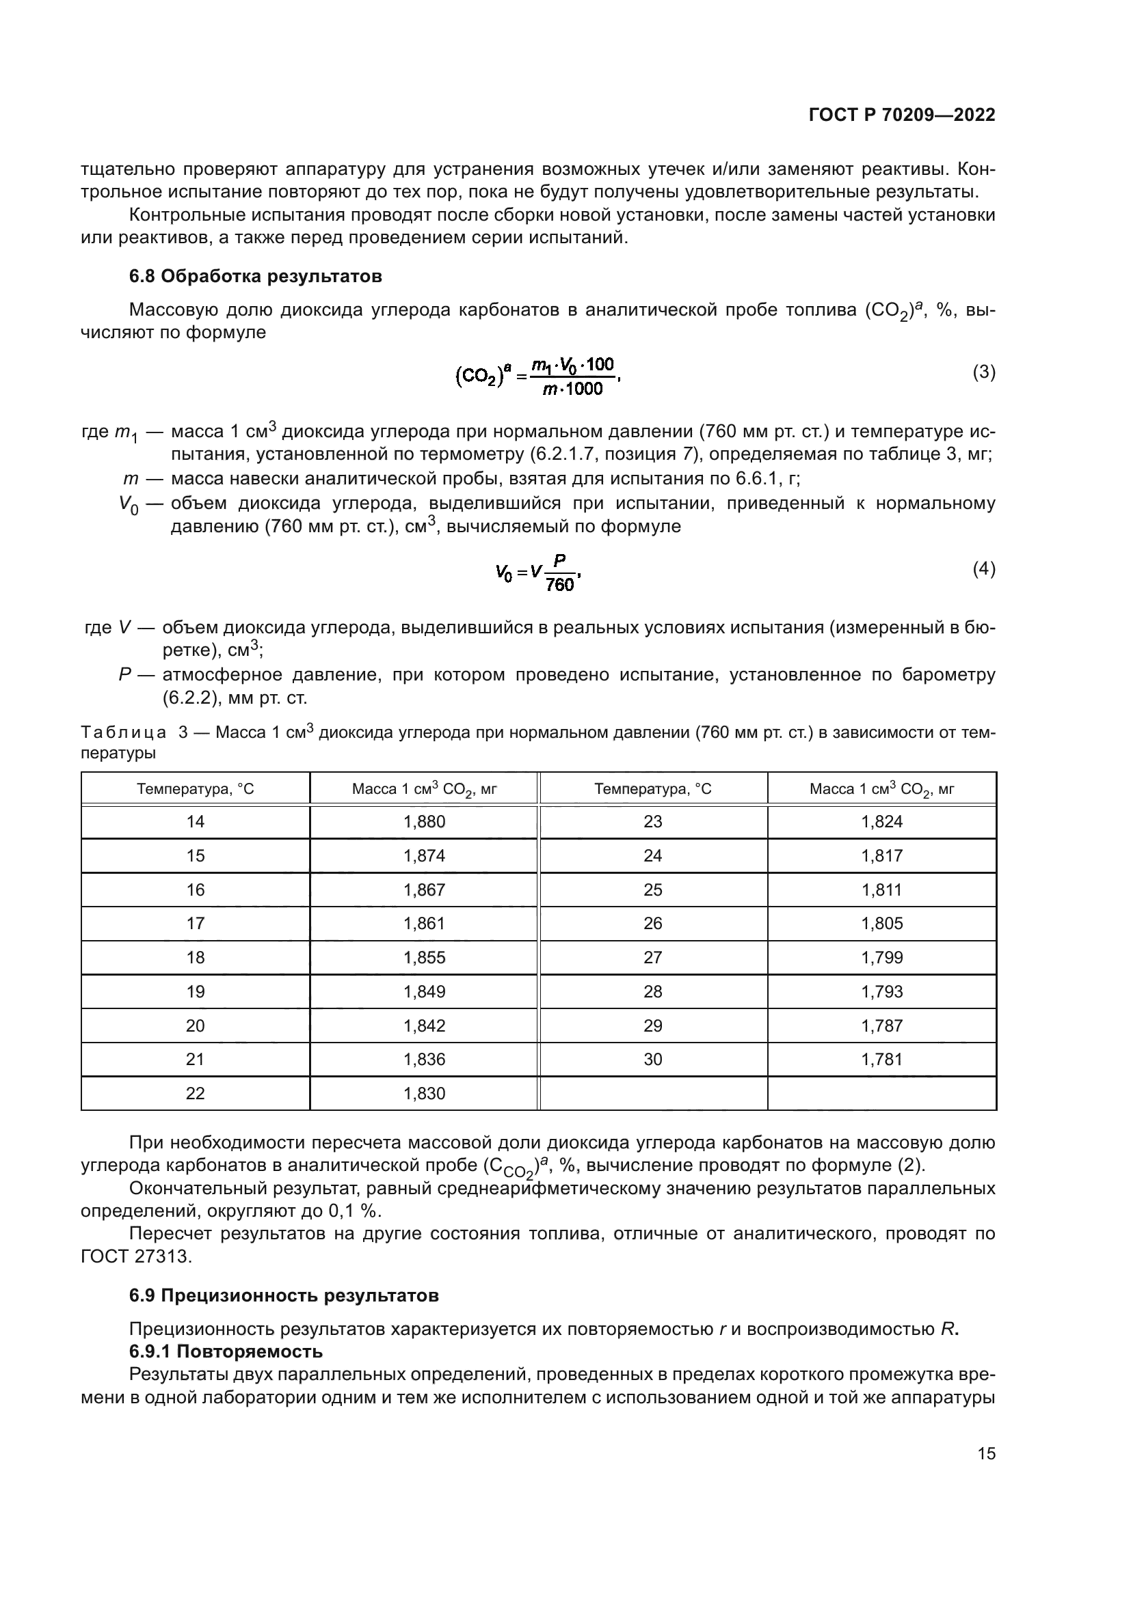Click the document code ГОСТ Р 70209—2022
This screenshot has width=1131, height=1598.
point(902,115)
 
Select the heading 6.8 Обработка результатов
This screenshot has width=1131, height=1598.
point(256,276)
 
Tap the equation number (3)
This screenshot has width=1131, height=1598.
point(983,372)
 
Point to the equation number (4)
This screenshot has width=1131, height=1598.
point(983,569)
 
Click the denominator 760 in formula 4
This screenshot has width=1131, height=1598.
point(560,585)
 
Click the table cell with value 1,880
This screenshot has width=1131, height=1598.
point(424,822)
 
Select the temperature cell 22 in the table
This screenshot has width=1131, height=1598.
point(195,1093)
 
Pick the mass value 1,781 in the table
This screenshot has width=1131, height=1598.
point(881,1060)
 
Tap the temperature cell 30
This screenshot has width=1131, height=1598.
point(652,1060)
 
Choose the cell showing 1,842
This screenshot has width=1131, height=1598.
point(424,1025)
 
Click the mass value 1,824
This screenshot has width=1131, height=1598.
point(881,822)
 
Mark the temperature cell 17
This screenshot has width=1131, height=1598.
point(195,924)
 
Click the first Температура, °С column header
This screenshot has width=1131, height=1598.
point(195,788)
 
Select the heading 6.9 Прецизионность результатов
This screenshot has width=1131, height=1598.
point(284,1295)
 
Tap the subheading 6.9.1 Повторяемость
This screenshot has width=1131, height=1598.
point(226,1351)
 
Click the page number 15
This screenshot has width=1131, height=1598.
point(986,1453)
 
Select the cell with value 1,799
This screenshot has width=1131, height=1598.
point(881,958)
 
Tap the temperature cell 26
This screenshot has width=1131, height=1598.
point(652,924)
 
